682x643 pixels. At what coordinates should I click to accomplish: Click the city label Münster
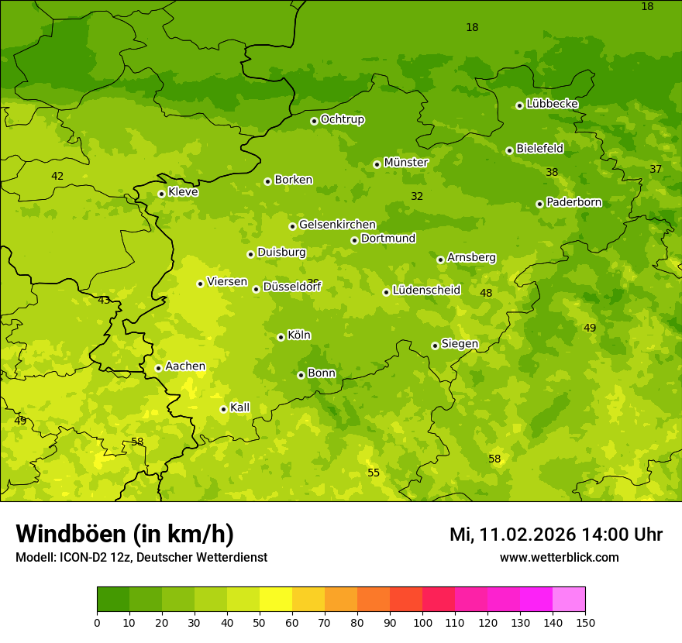coord(406,163)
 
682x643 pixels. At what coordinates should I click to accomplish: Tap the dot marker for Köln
coord(281,337)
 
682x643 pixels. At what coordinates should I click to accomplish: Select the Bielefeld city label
coord(539,149)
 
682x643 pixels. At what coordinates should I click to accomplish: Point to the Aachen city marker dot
coord(158,368)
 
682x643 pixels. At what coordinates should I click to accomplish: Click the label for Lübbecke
coord(552,104)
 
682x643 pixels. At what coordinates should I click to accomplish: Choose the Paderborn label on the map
coord(573,202)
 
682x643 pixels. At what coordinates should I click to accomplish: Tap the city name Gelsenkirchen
coord(337,225)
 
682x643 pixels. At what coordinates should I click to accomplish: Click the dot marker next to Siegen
coord(435,346)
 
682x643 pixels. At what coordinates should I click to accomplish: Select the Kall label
coord(239,407)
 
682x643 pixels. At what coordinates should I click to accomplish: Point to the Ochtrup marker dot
coord(314,120)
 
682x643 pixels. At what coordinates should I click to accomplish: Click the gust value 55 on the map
coord(374,473)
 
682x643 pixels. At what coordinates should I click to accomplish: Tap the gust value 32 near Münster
coord(417,197)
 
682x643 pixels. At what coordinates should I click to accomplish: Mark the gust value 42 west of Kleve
coord(57,177)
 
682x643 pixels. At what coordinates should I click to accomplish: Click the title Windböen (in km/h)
coord(125,534)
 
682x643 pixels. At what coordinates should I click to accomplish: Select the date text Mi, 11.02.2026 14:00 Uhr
coord(556,535)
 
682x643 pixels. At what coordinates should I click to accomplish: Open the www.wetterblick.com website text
coord(559,558)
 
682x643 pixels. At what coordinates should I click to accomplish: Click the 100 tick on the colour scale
coord(422,622)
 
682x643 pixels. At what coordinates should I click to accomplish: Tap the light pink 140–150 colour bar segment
coord(569,599)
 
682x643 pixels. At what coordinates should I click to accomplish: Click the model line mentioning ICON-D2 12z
coord(141,558)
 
